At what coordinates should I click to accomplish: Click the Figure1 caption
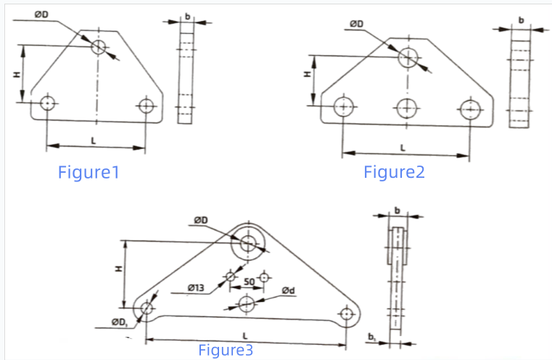pos(88,173)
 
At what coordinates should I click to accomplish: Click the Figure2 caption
pos(394,172)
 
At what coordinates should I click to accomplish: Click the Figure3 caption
pos(226,351)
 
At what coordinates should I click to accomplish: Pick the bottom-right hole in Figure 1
pos(147,105)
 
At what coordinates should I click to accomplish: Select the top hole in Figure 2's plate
pos(408,57)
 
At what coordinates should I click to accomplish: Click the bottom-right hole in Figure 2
pos(471,110)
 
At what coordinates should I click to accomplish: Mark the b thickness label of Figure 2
pos(520,20)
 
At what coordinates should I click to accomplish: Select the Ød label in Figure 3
pos(288,291)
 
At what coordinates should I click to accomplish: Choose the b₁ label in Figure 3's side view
pos(371,337)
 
